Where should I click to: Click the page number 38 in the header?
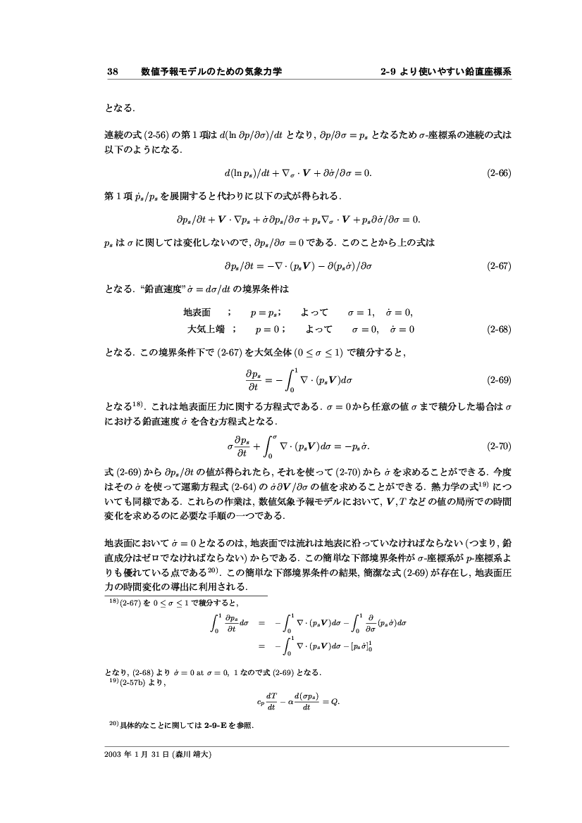coord(111,71)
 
